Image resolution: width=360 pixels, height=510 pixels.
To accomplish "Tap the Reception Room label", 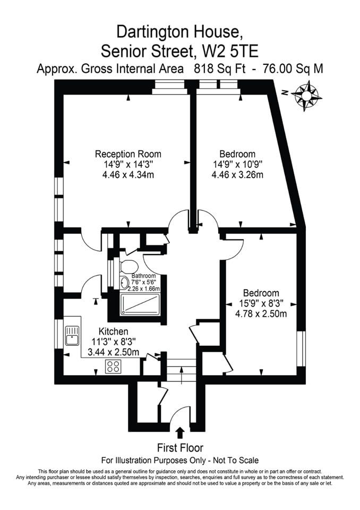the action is pos(128,154).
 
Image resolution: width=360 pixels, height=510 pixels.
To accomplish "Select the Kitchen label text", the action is pos(113,331).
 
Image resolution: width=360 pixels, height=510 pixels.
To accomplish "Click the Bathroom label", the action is pos(143,276).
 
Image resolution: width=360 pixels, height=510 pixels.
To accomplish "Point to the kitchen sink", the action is pos(72,335).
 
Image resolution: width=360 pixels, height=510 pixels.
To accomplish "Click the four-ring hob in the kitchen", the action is pos(114,366).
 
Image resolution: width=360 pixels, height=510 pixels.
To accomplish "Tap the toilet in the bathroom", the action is pos(127,266).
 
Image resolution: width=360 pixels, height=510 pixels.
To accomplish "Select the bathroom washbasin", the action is pos(124,283).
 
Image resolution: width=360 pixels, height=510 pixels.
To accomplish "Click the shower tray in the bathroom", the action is pos(140,304).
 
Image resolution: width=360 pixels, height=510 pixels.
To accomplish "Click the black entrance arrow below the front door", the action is pos(180,433).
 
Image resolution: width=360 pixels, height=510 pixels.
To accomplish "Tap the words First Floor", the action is pos(180,448).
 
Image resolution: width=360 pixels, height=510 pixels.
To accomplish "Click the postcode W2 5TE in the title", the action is pos(230,51).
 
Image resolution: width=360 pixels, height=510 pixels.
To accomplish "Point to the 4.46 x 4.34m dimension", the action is pos(128,175).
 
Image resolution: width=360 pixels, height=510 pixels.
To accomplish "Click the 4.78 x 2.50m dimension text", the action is pos(261,314).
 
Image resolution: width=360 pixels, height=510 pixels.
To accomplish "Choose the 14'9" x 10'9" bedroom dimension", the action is pos(237,164).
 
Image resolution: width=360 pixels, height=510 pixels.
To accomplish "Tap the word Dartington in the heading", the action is pos(152,32).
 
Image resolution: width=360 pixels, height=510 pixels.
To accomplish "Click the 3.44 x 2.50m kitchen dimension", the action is pos(114,352).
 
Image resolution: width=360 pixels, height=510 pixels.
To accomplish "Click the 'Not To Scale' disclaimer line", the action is pos(180,461).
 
